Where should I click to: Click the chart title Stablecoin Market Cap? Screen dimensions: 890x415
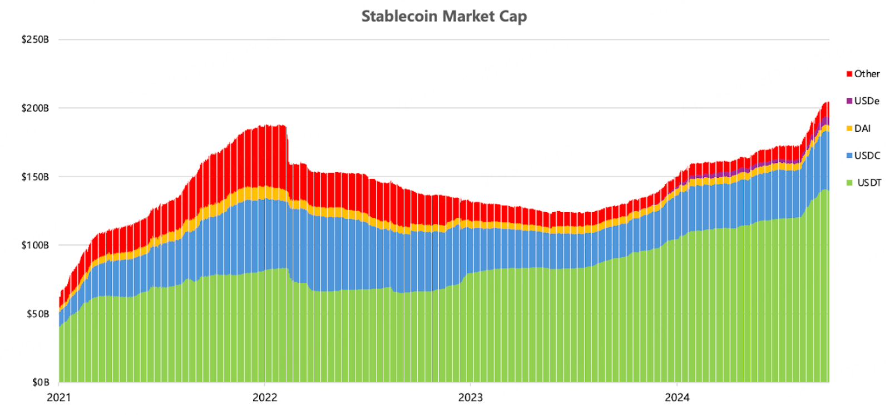pos(444,17)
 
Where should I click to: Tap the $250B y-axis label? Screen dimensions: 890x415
pos(36,39)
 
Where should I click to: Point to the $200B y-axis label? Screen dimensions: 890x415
pos(36,108)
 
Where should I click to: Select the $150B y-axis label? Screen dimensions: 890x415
pos(36,177)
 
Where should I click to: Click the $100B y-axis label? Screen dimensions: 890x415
pos(36,245)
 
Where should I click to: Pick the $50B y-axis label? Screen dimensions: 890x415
pos(38,314)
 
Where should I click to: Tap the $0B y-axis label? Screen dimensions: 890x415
pos(41,382)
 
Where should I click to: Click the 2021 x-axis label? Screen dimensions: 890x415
pos(59,398)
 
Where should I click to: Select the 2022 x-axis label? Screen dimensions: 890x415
pos(265,398)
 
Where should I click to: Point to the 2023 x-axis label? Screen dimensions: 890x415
pos(471,398)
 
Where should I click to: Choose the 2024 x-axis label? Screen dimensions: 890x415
pos(677,398)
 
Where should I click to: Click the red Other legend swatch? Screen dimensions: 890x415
pos(849,74)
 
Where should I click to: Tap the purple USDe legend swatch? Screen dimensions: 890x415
pos(849,101)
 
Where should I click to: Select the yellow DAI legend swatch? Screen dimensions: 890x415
pos(849,128)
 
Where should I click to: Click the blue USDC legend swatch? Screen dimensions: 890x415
pos(849,156)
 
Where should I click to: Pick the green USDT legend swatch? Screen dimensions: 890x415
pos(849,183)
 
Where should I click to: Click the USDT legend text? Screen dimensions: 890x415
pos(869,183)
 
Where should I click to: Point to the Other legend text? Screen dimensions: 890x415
pos(867,74)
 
